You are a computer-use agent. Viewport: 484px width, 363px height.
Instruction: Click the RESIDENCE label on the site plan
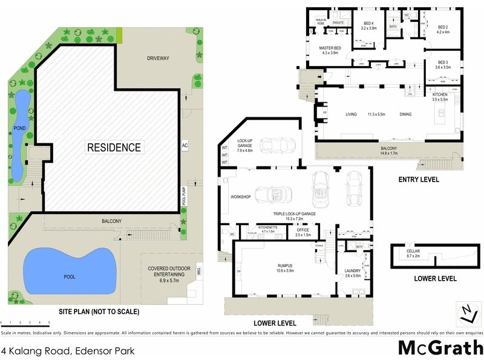pos(114,147)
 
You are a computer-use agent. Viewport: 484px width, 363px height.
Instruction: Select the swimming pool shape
pos(69,272)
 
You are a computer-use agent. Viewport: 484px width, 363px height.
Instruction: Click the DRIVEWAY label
pos(157,59)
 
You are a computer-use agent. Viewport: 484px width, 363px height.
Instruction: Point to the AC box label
pos(185,146)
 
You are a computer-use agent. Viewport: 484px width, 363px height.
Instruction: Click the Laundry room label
pos(352,273)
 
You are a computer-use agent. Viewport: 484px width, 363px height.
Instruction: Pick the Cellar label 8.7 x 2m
pos(413,254)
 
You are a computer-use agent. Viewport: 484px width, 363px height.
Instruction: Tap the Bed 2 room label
pos(443,30)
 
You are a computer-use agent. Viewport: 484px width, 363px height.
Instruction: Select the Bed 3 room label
pos(443,65)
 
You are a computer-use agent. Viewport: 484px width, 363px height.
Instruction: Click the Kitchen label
pos(439,97)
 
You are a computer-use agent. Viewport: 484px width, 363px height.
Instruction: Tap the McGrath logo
pos(439,348)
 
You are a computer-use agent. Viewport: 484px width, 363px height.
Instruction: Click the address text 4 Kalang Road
pos(59,350)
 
